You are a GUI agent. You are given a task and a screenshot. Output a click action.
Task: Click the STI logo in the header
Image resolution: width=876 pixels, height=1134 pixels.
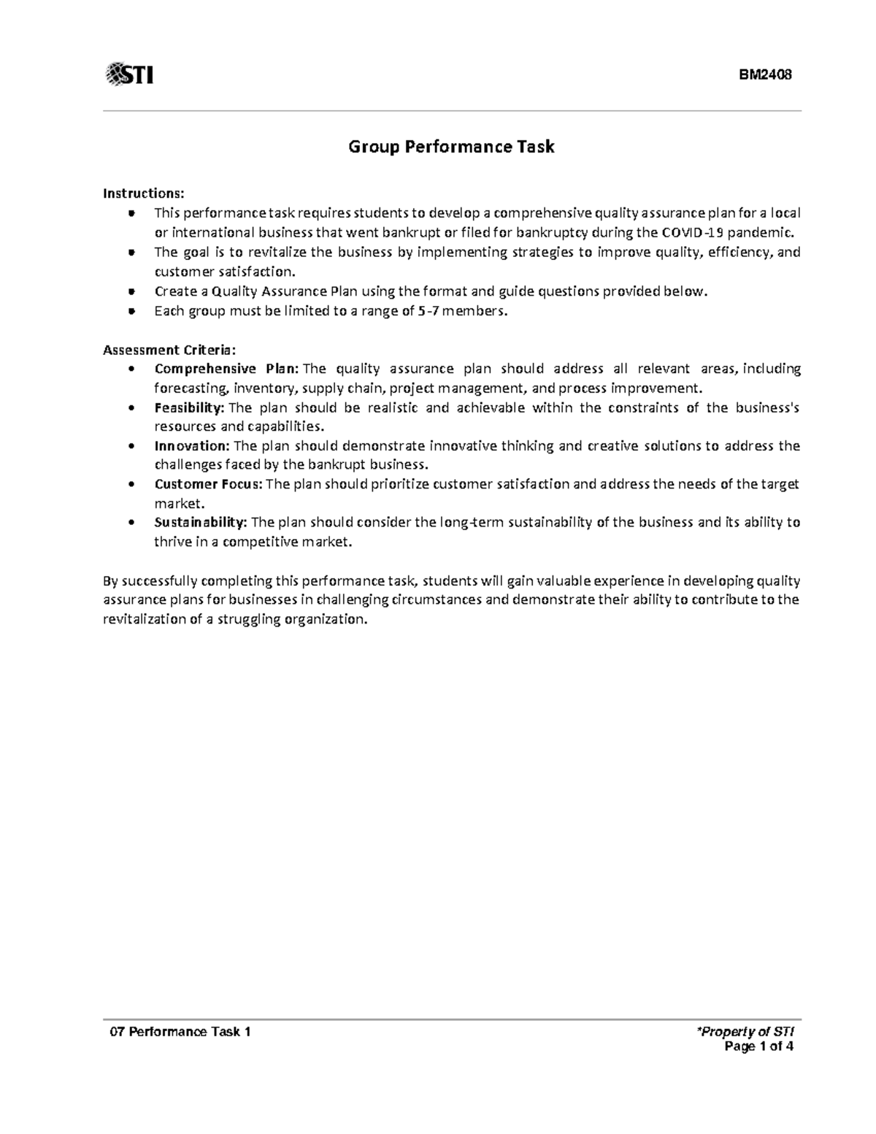point(129,74)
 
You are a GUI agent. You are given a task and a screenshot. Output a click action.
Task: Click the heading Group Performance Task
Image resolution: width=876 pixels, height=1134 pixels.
point(451,147)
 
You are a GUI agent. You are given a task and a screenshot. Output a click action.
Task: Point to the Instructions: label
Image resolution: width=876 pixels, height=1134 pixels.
point(144,194)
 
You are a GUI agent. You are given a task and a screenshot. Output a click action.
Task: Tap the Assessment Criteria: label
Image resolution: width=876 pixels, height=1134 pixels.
point(169,349)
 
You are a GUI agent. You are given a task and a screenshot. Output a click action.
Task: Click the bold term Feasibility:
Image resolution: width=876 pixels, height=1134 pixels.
point(190,407)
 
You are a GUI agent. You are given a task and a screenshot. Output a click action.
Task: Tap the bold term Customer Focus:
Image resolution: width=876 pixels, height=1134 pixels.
point(210,484)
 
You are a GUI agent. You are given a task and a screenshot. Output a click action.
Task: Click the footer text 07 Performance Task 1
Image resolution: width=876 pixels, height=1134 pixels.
point(180,1032)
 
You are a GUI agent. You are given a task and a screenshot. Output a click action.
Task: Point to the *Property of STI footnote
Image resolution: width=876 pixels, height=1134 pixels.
point(745,1032)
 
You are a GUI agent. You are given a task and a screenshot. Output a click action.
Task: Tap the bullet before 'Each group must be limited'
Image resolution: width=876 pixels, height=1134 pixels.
point(131,310)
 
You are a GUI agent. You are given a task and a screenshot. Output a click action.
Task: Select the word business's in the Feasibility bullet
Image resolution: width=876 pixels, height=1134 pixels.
point(770,407)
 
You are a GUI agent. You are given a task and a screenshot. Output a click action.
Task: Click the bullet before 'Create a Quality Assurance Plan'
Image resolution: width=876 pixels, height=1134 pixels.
point(131,291)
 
